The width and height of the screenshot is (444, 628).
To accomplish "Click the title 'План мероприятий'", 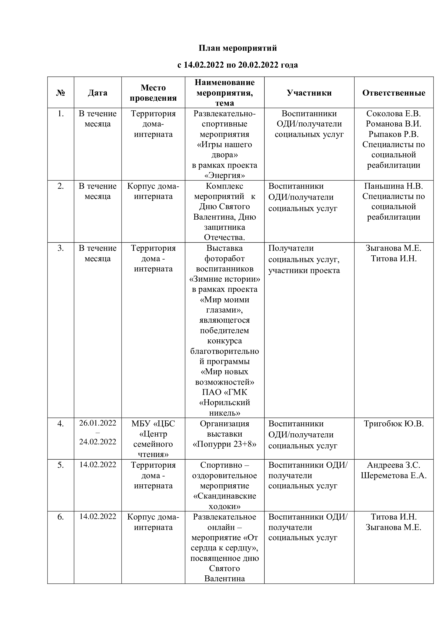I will click(237, 48).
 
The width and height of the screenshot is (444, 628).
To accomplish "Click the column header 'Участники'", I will click(309, 93).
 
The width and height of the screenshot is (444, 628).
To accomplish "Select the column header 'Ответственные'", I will click(394, 93).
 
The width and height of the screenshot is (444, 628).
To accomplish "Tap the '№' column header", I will click(60, 93).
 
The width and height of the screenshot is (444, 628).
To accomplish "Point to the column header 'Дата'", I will click(98, 93).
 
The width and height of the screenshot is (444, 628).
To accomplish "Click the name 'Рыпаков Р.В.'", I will click(394, 134).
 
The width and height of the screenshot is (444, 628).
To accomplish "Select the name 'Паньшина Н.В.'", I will click(394, 186).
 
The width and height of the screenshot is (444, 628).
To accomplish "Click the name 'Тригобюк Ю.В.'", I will click(394, 424).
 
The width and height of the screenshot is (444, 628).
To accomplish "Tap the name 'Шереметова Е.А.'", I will click(394, 475).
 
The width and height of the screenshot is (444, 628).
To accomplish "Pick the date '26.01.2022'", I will click(98, 423).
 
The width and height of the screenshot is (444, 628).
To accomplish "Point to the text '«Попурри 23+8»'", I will click(224, 444).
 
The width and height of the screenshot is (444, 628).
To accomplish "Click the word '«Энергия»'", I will click(224, 175).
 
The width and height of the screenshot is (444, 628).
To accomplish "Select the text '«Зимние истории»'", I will click(224, 279).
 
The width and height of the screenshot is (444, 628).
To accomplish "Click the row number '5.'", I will click(60, 465).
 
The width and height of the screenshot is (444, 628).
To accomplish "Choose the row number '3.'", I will click(60, 248).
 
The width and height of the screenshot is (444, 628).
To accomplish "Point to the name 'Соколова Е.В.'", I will click(394, 114).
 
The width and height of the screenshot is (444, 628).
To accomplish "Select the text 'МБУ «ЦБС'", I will click(153, 424).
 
